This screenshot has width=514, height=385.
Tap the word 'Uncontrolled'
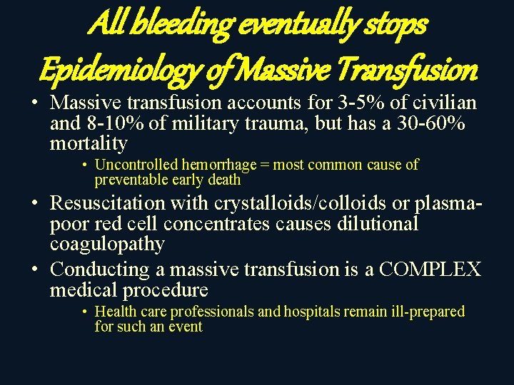pos(136,165)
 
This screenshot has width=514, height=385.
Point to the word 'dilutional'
pos(376,224)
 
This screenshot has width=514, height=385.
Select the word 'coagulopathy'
pos(107,244)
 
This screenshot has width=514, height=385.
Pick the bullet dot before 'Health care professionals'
pos(84,312)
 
